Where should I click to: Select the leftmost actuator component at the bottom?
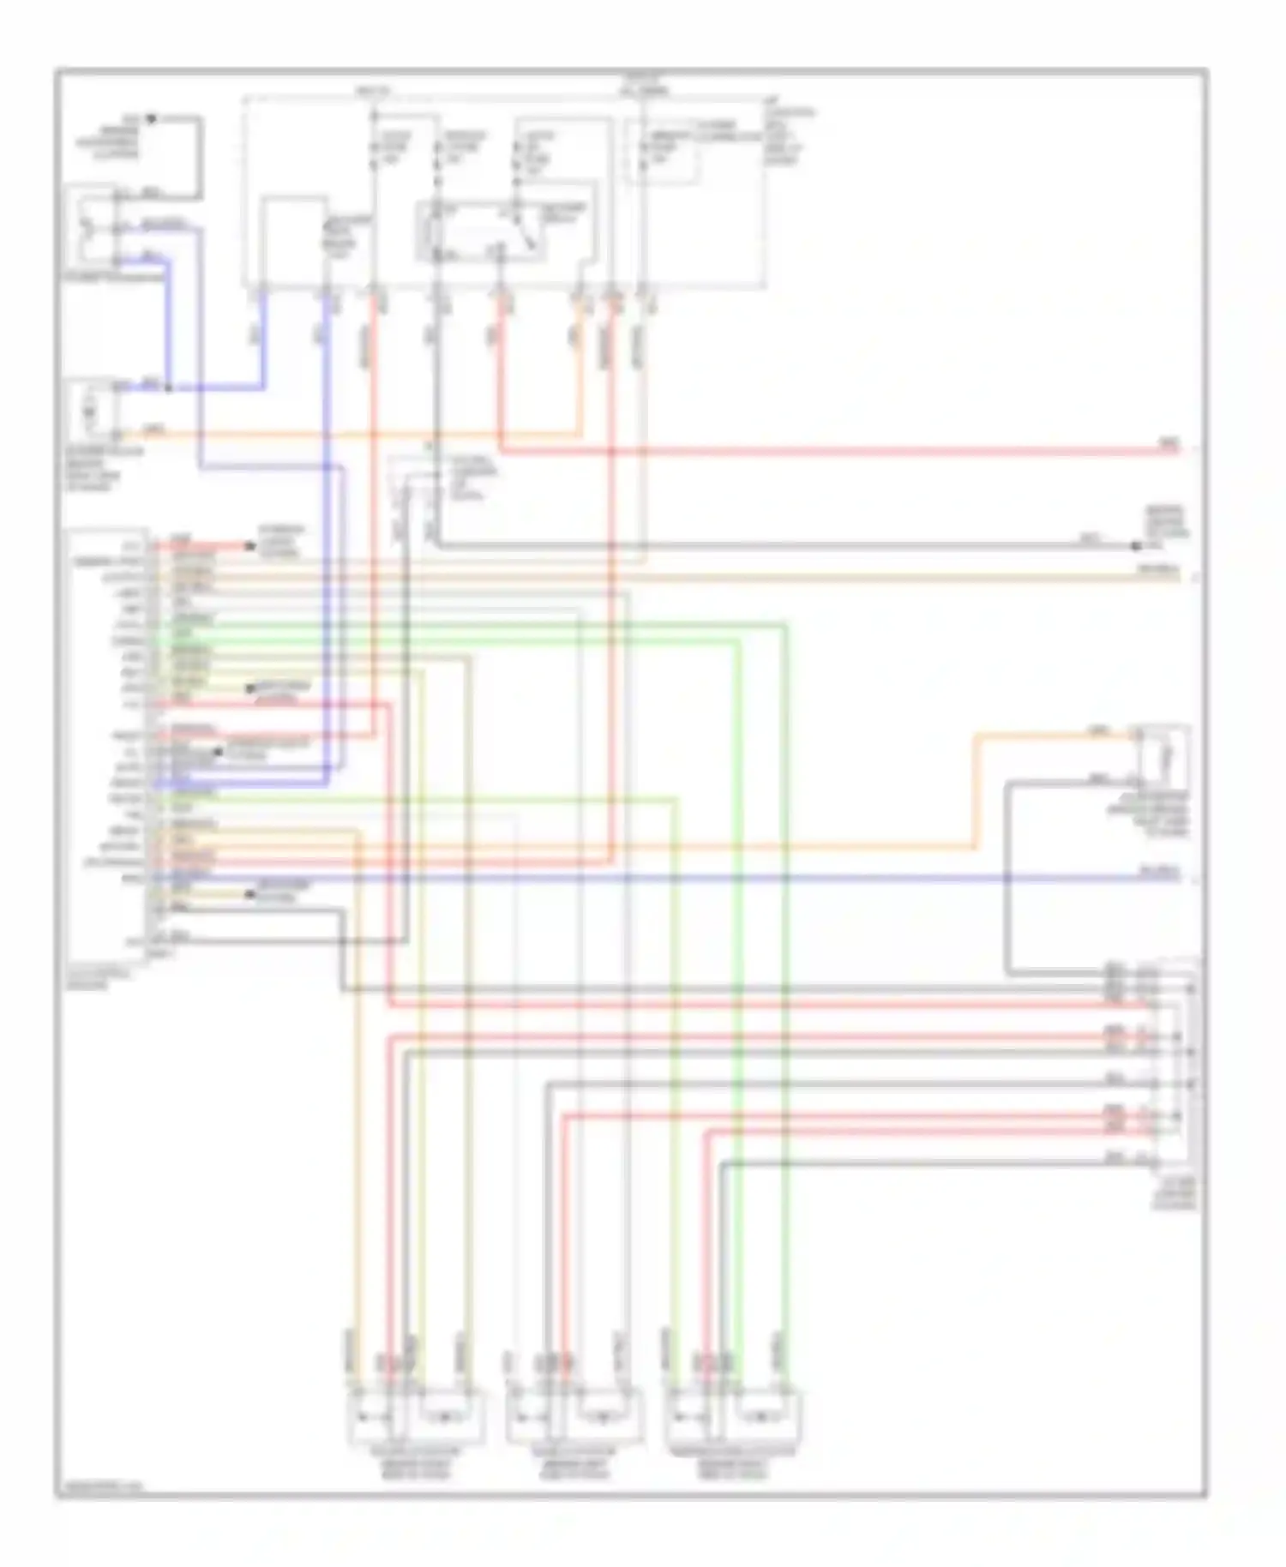tap(416, 1416)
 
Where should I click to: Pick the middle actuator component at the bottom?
tap(574, 1416)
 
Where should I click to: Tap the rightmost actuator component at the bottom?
tap(734, 1416)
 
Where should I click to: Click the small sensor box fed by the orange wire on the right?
tap(1163, 756)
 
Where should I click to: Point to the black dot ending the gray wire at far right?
tap(1136, 545)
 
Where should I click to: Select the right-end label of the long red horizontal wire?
tap(1169, 443)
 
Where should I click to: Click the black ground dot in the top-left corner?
tap(152, 118)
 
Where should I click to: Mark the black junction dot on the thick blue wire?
tap(168, 388)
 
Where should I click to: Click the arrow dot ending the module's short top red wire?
tap(250, 546)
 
